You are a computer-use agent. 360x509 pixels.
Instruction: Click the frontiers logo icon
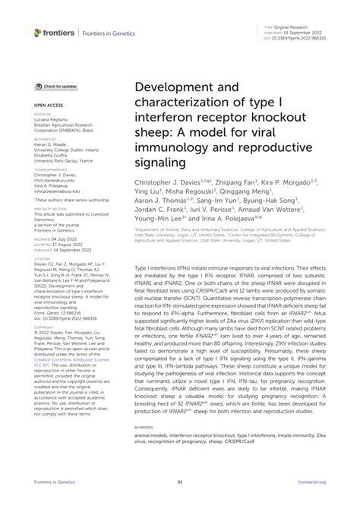tap(39, 32)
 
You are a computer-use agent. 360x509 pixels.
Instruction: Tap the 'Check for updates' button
tap(56, 87)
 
